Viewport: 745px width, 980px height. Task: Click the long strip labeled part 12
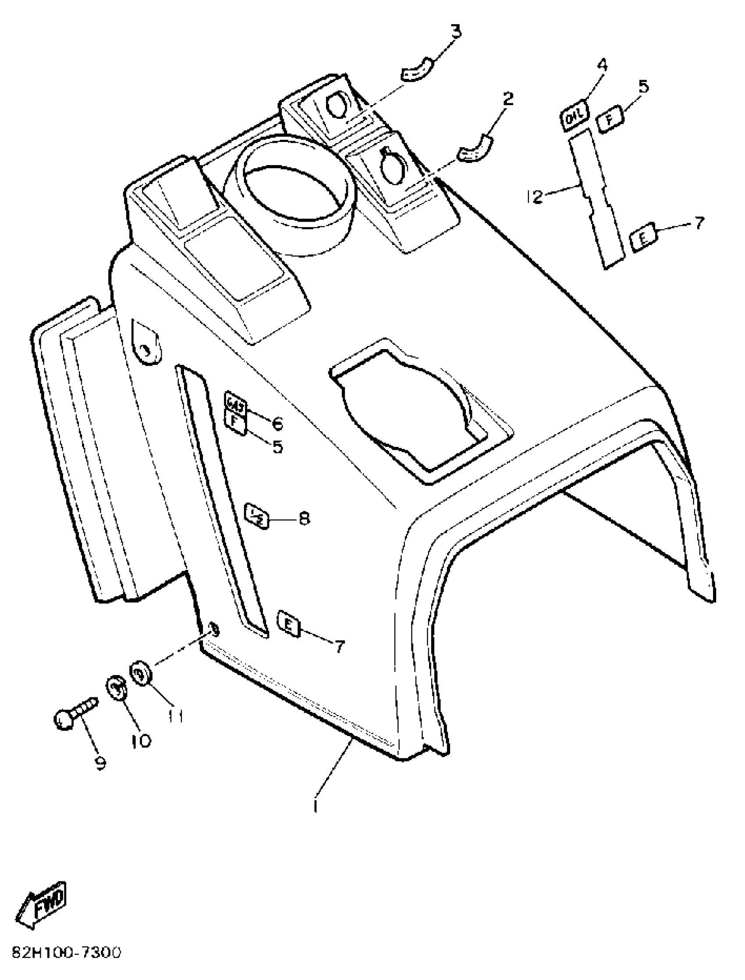click(x=596, y=199)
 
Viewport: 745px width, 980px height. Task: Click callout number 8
click(x=304, y=518)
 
